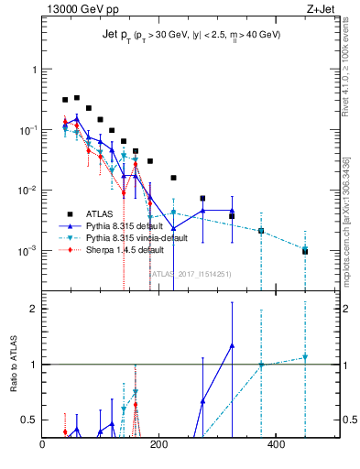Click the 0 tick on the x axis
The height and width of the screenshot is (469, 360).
[43, 446]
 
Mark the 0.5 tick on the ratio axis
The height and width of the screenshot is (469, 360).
[29, 420]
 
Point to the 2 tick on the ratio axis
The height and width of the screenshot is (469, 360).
[35, 309]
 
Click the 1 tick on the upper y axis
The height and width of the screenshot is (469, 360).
[35, 70]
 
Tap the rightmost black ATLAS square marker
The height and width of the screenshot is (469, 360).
[305, 251]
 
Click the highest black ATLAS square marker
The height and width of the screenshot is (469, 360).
[77, 97]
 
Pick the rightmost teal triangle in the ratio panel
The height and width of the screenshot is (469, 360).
[305, 357]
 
